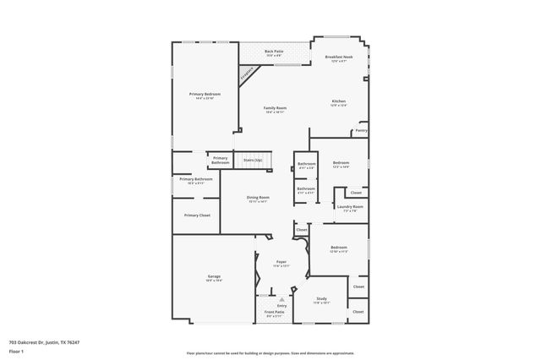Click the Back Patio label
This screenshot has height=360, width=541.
(273, 52)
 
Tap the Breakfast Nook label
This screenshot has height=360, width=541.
(339, 57)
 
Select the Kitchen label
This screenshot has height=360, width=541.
(338, 101)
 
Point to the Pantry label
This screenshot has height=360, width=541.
(361, 131)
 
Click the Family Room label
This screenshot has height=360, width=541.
(276, 108)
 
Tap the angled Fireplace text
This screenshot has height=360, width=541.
(248, 75)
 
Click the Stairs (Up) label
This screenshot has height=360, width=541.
(253, 159)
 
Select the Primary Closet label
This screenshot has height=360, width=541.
(197, 215)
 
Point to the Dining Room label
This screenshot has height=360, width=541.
(258, 198)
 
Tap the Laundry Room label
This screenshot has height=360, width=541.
(349, 206)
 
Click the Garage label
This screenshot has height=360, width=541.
(215, 276)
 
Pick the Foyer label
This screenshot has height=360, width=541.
(281, 262)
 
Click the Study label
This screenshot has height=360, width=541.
(321, 298)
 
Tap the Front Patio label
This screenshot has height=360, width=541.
(274, 312)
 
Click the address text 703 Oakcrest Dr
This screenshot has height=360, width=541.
(35, 343)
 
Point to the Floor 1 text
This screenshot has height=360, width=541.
(17, 350)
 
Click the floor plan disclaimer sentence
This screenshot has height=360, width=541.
(270, 352)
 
